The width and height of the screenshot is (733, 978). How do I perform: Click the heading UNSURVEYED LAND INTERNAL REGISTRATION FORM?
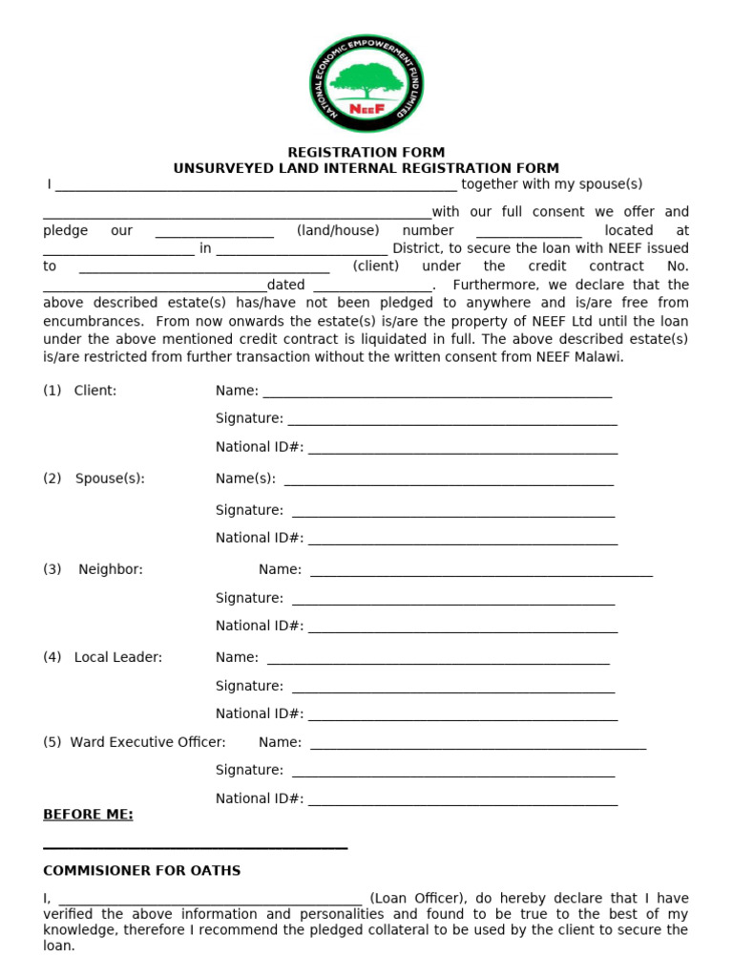[366, 168]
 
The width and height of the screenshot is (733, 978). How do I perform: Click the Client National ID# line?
[463, 448]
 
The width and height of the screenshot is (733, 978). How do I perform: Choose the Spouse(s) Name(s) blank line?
[449, 479]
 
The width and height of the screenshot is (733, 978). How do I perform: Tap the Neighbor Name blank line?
[481, 571]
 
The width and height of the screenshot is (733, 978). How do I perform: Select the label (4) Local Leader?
[102, 657]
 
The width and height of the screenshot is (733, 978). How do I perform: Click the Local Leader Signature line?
[453, 687]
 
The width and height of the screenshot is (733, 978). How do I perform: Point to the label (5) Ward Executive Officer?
[135, 742]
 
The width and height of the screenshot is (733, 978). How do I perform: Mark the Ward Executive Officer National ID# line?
[463, 800]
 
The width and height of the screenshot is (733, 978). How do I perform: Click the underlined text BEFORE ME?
[88, 815]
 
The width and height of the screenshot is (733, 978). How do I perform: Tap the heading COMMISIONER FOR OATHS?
[142, 871]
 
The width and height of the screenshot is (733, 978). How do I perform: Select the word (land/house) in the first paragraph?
[338, 230]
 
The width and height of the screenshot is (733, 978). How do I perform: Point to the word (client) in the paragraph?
[376, 266]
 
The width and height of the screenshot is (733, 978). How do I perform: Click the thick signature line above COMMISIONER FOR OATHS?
[195, 847]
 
